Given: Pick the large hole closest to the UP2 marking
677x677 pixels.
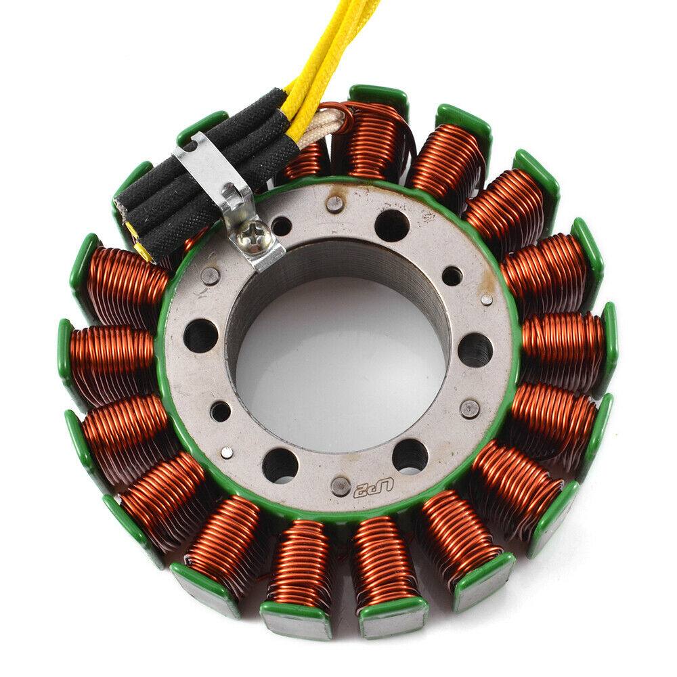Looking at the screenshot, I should click(410, 457).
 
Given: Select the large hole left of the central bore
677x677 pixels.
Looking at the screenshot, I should click(201, 334).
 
